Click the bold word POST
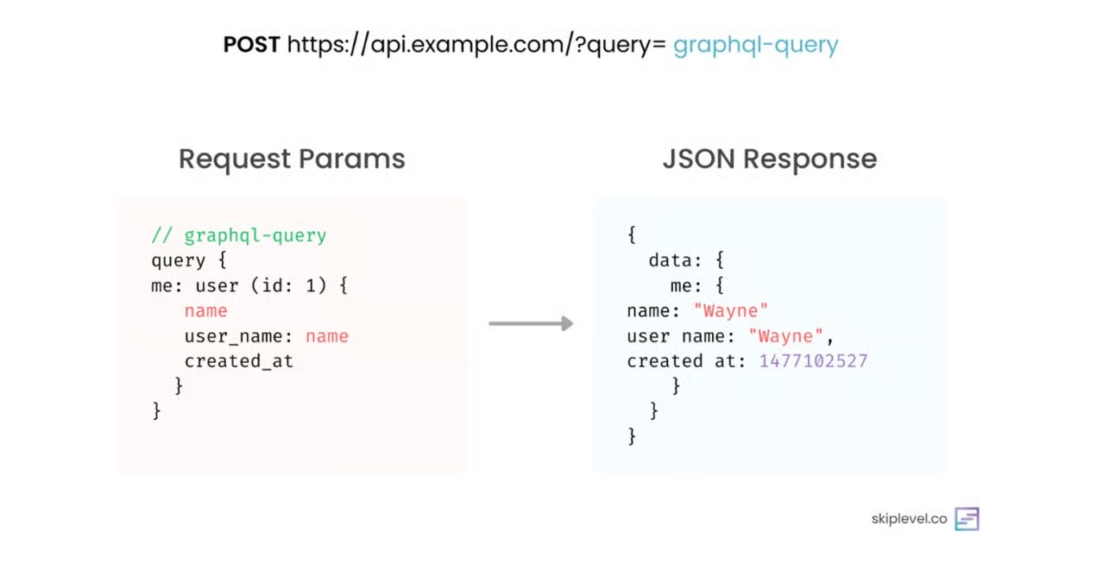251,45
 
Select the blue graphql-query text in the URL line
755,45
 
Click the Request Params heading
292,159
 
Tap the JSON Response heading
769,159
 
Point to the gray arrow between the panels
531,324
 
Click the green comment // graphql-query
239,235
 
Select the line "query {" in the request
189,260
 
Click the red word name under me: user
205,310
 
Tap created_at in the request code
239,360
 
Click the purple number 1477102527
813,360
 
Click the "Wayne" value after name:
730,310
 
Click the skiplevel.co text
909,519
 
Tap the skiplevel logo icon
967,519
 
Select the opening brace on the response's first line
632,235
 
